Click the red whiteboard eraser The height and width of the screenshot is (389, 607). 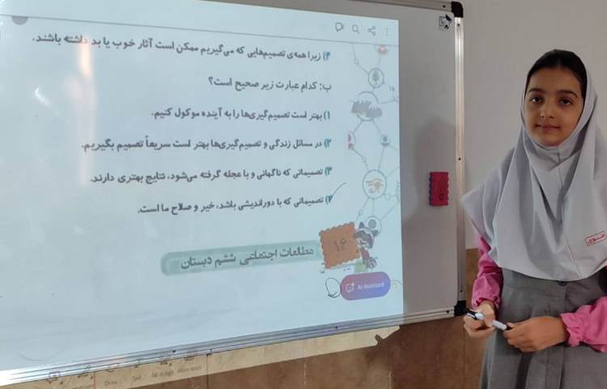(x=439, y=188)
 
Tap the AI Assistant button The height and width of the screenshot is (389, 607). (x=365, y=286)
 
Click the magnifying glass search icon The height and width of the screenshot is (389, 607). (x=354, y=29)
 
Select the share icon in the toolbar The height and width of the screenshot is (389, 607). (x=371, y=30)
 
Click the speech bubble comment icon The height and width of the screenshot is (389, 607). (x=339, y=28)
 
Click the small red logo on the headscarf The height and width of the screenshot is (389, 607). (x=595, y=237)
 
